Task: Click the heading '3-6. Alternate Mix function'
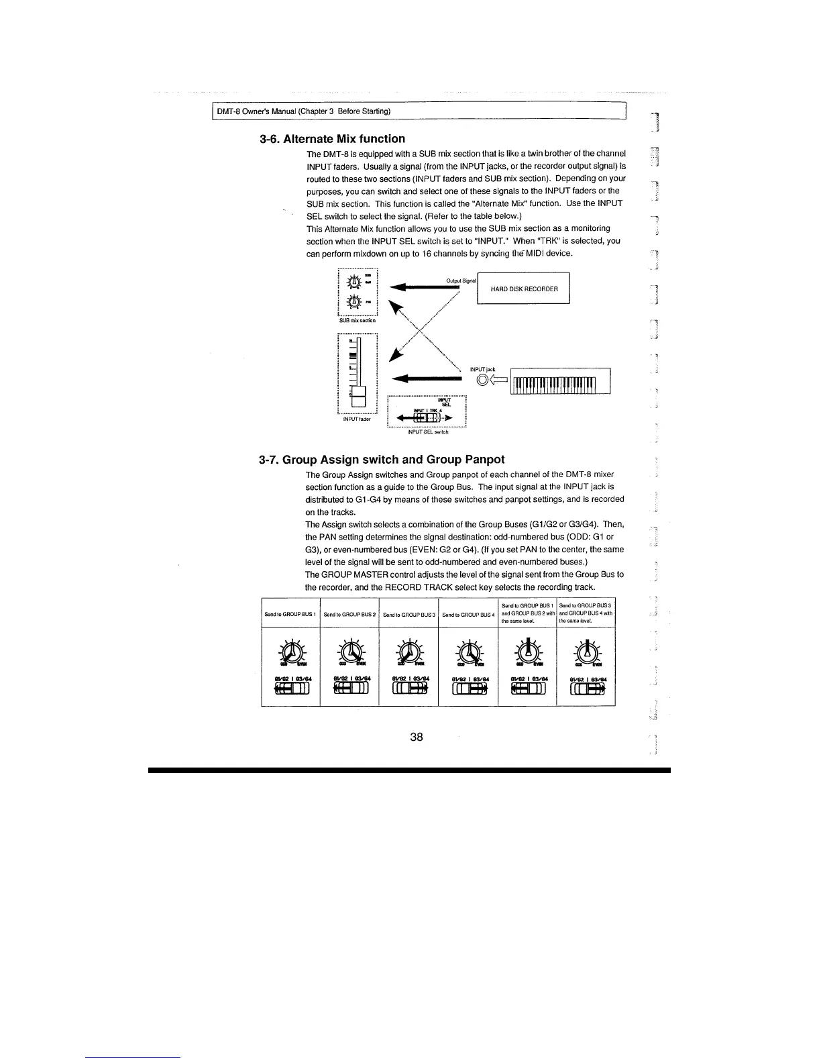pos(332,139)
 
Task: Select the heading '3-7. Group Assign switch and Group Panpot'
pos(382,460)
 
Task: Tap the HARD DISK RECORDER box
pos(524,289)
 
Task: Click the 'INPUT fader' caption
pos(357,419)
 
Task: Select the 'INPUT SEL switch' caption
pos(428,432)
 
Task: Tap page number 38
pos(417,737)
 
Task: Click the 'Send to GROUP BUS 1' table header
pos(290,614)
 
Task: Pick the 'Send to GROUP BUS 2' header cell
pos(349,614)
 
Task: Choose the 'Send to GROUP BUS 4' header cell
pos(468,614)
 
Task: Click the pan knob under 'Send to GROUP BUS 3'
pos(408,651)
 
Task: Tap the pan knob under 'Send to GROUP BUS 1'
pos(290,651)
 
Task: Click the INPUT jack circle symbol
pos(483,382)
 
